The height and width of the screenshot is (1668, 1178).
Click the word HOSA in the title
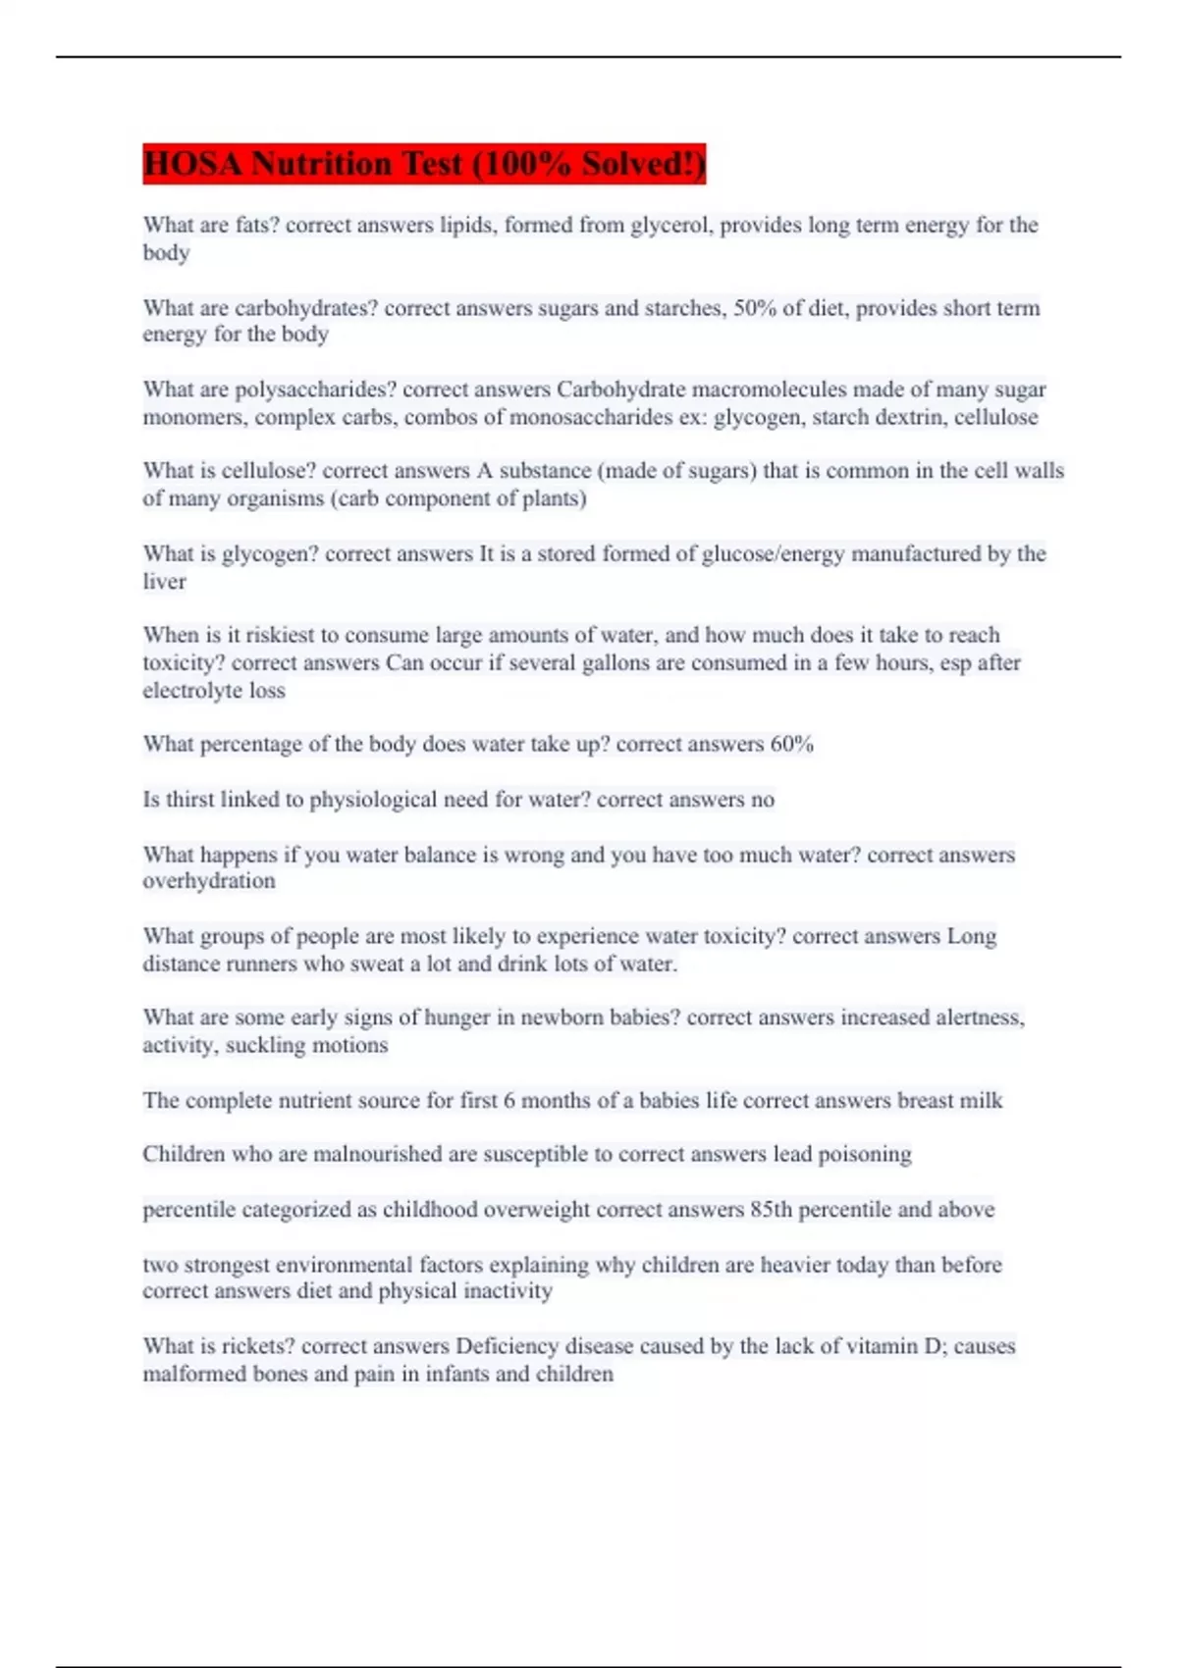pyautogui.click(x=192, y=164)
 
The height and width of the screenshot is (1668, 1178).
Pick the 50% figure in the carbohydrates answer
pyautogui.click(x=754, y=308)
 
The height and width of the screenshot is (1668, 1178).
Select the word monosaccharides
pyautogui.click(x=592, y=417)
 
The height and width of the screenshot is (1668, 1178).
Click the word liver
pyautogui.click(x=164, y=581)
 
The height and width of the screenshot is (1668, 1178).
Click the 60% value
pyautogui.click(x=791, y=744)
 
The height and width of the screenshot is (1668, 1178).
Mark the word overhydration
pyautogui.click(x=208, y=881)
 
